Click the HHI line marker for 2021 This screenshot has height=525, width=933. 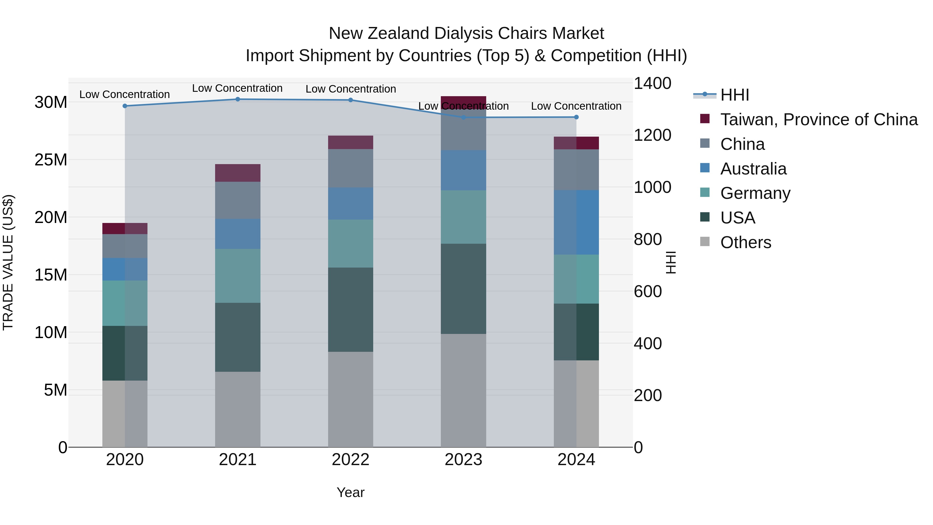[238, 99]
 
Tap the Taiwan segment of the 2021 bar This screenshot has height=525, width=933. [238, 173]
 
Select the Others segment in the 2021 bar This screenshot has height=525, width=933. [238, 409]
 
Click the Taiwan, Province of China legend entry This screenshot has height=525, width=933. [818, 120]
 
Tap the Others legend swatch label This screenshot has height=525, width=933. [745, 242]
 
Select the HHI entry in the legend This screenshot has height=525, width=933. [734, 95]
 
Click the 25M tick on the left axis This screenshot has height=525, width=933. [51, 160]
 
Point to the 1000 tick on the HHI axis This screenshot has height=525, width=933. [652, 187]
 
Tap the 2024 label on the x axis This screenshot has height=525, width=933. [576, 460]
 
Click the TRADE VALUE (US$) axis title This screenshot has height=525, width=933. [8, 262]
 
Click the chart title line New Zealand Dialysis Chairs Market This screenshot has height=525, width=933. [466, 33]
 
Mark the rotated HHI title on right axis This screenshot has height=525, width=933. [671, 262]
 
